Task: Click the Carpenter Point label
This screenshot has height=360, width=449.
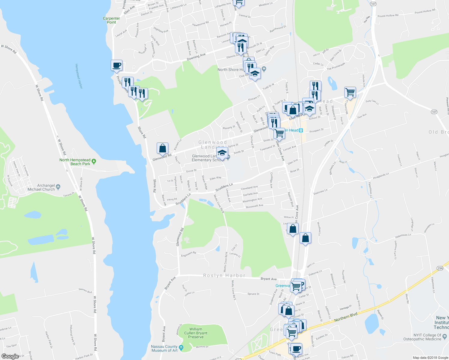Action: coord(111,20)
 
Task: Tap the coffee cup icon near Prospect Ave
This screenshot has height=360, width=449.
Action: coord(116,65)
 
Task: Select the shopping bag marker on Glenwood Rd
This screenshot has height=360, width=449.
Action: coord(162,148)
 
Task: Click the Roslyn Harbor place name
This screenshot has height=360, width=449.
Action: coord(224,275)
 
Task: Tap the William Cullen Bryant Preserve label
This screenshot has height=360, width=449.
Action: coord(196,333)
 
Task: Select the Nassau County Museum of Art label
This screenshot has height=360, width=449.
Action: coord(164,349)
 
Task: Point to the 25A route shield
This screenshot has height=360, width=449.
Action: coord(440,268)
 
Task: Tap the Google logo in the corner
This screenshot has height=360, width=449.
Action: coord(10,356)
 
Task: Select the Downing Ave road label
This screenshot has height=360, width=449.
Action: coord(196,57)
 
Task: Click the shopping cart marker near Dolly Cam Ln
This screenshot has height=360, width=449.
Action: coord(350,92)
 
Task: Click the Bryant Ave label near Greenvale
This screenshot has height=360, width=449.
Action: coord(269,279)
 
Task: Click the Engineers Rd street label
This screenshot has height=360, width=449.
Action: coord(188,254)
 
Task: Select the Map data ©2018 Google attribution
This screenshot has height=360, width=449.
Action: coord(430,358)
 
